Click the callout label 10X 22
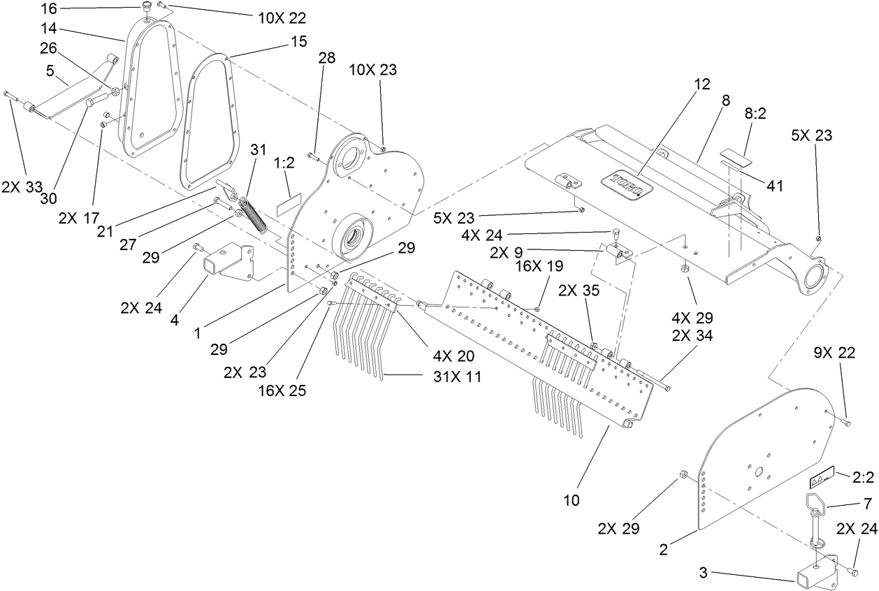click(282, 17)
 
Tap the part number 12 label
click(702, 84)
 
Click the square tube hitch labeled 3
click(812, 572)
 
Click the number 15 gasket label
click(298, 42)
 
